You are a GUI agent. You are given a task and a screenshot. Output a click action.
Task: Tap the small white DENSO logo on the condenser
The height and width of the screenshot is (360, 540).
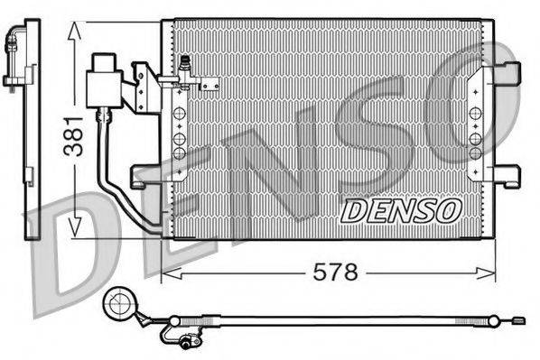[401, 210]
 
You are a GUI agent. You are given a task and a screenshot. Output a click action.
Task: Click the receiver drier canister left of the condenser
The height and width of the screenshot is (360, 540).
[104, 82]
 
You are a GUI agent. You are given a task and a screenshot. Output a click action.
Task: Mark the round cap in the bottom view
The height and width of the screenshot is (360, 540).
[117, 305]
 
